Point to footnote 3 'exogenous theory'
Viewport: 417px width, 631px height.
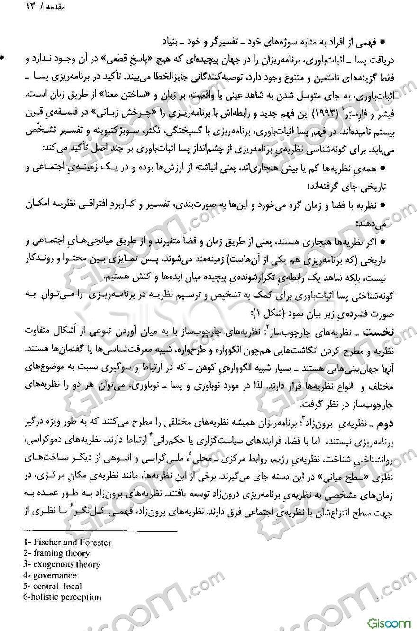[61, 564]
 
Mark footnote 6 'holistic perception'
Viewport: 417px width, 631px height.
[62, 597]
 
